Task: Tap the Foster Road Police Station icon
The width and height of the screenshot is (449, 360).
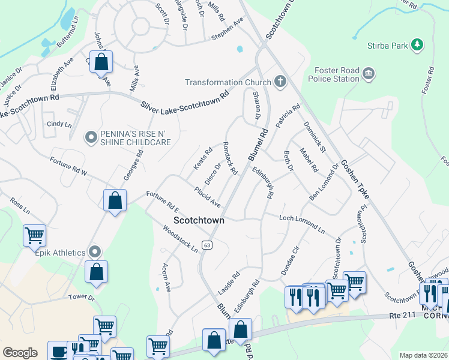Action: (x=369, y=74)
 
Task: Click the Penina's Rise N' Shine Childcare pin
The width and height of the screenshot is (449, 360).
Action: (x=91, y=138)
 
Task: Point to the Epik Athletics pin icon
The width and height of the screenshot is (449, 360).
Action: (x=94, y=252)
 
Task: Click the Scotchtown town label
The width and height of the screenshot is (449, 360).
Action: (x=199, y=221)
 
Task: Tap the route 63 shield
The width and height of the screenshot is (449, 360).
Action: (x=207, y=245)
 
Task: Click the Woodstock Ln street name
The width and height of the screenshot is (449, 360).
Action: (x=181, y=239)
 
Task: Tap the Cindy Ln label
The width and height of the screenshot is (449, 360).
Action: (x=59, y=124)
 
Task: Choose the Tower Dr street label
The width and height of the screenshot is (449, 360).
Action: (x=82, y=297)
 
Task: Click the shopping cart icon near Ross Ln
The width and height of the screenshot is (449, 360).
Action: (x=35, y=235)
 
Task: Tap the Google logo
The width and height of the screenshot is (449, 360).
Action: (x=20, y=353)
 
